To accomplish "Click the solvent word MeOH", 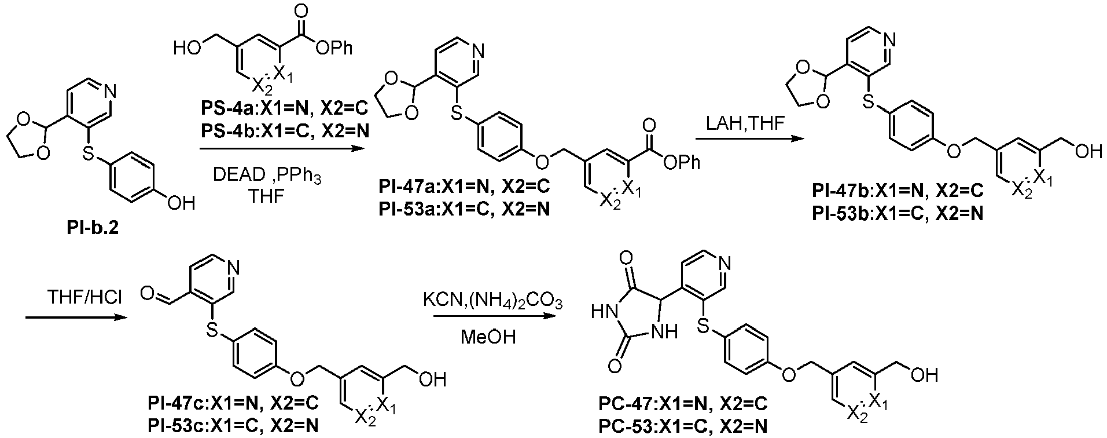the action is click(488, 337).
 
